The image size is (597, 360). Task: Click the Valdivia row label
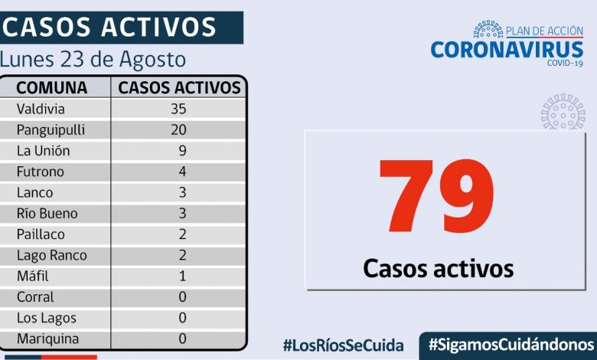click(x=41, y=109)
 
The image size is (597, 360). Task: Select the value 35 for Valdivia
click(x=178, y=109)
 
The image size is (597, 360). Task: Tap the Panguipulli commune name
click(x=51, y=129)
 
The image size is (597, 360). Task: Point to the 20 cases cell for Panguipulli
click(x=178, y=129)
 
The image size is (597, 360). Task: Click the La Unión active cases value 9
click(x=182, y=151)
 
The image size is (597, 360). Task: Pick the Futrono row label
click(x=41, y=172)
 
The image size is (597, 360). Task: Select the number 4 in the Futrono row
click(x=182, y=172)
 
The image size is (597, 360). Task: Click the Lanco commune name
click(x=35, y=192)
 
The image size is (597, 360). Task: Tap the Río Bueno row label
click(x=47, y=214)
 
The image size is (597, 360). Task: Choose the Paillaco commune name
click(x=41, y=234)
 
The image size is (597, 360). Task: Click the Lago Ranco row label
click(x=52, y=255)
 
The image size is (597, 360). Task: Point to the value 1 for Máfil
click(x=182, y=276)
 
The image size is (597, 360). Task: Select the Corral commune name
click(x=35, y=297)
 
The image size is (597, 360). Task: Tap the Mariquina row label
click(x=47, y=339)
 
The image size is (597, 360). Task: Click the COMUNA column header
click(x=51, y=87)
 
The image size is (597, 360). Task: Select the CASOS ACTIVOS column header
click(x=179, y=87)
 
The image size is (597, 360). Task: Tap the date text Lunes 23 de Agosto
click(x=93, y=59)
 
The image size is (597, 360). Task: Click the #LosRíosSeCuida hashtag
click(x=343, y=345)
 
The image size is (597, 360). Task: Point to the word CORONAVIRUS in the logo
click(x=507, y=49)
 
